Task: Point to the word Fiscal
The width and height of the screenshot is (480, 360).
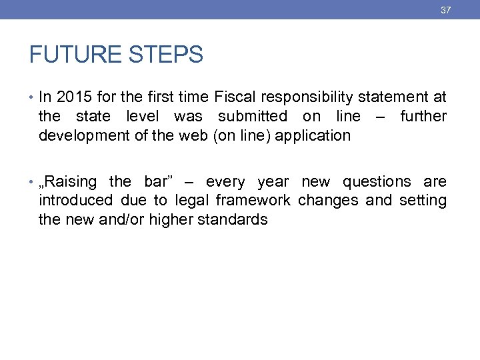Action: pos(234,97)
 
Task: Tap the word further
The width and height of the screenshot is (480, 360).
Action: pos(423,117)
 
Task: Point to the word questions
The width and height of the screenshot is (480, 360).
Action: pos(377,182)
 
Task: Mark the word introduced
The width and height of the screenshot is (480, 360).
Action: pos(77,201)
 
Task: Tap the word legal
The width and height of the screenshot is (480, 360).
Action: pos(191,201)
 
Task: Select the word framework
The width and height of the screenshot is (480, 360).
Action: pos(253,201)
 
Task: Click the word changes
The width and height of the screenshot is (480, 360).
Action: pos(327,201)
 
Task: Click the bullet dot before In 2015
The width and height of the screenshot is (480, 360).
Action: pos(31,98)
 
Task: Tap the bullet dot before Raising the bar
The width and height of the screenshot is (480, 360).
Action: pos(31,182)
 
